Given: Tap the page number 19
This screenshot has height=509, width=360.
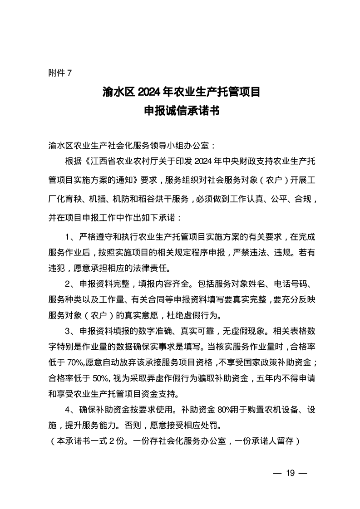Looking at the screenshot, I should pos(291,474).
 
